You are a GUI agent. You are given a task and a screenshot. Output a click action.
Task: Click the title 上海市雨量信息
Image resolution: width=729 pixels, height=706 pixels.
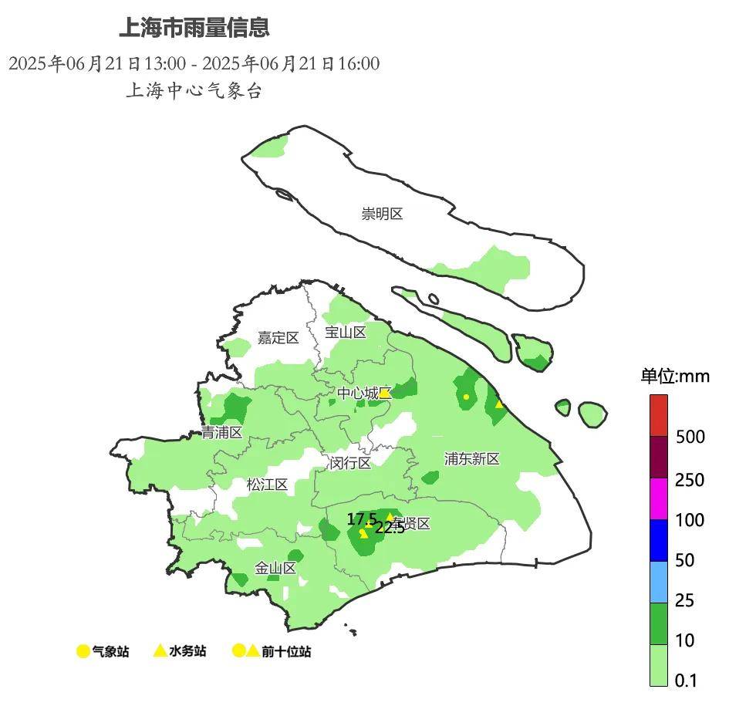click(194, 29)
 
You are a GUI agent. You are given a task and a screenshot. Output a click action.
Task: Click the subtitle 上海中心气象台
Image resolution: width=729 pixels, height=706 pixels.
click(194, 91)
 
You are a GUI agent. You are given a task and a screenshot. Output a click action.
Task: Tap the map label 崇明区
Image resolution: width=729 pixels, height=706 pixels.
click(382, 214)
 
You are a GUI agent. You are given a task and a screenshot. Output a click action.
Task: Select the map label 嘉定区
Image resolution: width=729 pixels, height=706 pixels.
click(278, 338)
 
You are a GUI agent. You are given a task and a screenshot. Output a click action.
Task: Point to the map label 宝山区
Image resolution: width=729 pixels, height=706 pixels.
click(345, 333)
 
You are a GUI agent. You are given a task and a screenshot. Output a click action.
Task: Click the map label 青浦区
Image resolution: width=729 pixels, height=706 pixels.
click(222, 433)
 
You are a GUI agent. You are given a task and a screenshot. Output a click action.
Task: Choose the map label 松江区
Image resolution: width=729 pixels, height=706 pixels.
click(267, 485)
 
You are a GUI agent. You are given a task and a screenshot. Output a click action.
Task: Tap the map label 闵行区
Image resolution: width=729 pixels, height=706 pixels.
click(350, 464)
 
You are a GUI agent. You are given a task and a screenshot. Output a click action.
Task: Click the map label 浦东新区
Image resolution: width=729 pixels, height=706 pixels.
click(471, 459)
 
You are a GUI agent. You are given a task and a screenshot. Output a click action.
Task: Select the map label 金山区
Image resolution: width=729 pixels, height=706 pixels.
click(275, 569)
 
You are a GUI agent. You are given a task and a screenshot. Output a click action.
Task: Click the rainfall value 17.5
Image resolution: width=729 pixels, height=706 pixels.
click(361, 519)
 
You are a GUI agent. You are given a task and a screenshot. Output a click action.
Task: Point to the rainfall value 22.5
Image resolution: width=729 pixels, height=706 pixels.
click(390, 529)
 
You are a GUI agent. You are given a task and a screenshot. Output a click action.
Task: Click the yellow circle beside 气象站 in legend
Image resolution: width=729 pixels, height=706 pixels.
click(83, 652)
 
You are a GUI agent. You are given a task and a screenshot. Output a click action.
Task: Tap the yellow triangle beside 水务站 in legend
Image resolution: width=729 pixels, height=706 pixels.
click(160, 651)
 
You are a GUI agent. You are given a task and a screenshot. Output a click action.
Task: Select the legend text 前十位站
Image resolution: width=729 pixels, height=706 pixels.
click(286, 652)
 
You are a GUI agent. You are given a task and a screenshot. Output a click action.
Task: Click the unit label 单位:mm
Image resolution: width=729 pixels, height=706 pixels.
click(675, 377)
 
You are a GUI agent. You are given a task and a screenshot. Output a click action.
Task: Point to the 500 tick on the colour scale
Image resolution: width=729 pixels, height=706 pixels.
click(690, 437)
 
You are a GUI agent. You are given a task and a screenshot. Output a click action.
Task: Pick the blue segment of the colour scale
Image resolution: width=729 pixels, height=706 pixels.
click(658, 540)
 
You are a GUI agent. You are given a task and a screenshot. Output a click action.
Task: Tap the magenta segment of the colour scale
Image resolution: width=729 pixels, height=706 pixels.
click(658, 499)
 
